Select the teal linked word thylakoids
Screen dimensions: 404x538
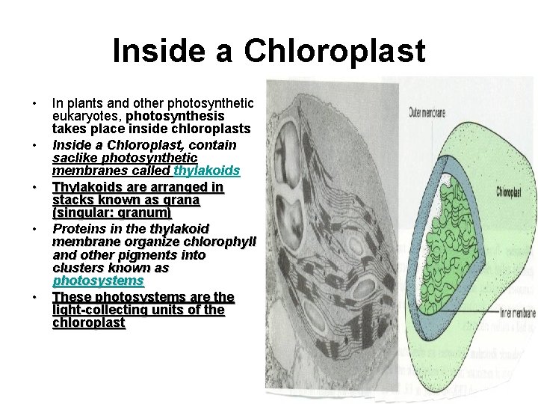(x=206, y=172)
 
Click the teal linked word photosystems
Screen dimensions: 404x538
(x=98, y=281)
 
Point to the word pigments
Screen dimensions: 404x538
(x=140, y=254)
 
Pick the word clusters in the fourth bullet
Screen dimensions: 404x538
(x=78, y=268)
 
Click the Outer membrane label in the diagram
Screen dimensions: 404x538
(x=427, y=114)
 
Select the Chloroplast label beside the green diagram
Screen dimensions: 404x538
(x=513, y=192)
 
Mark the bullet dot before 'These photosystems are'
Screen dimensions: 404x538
(x=35, y=297)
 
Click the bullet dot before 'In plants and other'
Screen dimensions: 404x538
(x=35, y=103)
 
